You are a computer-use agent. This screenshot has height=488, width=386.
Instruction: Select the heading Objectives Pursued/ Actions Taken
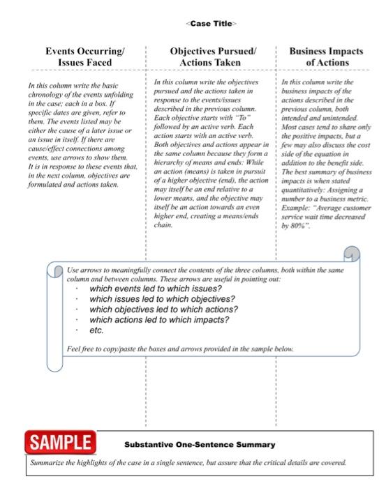coord(214,57)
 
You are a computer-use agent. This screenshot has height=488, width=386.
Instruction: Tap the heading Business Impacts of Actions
coord(325,57)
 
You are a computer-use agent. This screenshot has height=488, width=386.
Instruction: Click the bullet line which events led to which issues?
coord(156,289)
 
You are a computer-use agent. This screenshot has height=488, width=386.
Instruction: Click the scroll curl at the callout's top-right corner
coord(352,257)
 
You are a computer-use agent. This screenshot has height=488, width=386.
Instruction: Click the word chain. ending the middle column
coord(163,225)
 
